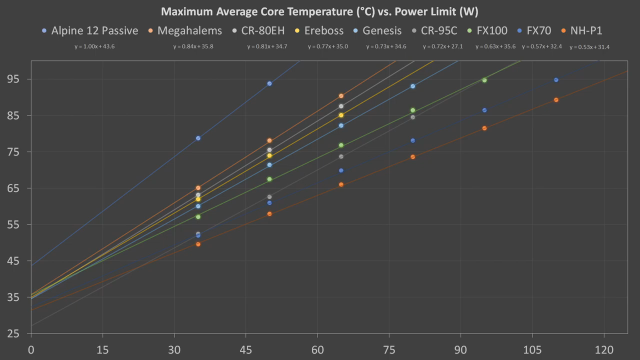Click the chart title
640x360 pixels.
[x=320, y=12]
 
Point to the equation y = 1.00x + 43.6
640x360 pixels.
[x=95, y=47]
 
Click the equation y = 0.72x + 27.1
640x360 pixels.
[x=443, y=47]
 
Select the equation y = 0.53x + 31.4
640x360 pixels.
[x=589, y=47]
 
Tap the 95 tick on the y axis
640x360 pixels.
[x=13, y=79]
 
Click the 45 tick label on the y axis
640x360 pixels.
[x=13, y=261]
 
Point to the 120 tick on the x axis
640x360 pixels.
[x=604, y=350]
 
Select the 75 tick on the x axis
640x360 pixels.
[x=389, y=350]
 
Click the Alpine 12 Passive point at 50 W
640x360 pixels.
[x=269, y=84]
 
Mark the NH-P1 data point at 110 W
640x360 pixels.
[x=556, y=100]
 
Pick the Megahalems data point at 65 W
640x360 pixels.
[x=341, y=96]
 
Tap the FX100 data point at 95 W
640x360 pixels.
[x=484, y=80]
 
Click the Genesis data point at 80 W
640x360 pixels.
[x=413, y=86]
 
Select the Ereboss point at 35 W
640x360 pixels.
[x=198, y=199]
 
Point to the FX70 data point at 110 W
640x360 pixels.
[x=556, y=80]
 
